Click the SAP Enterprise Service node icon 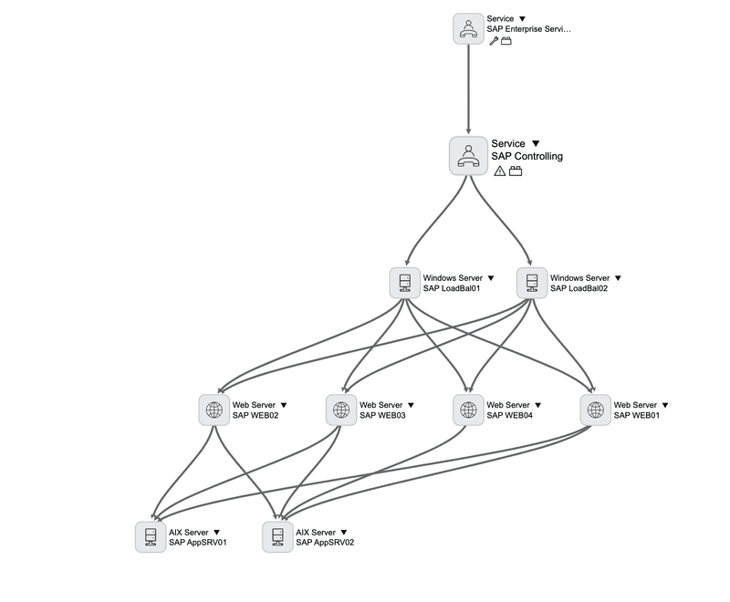[x=468, y=29]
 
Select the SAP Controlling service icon [x=468, y=156]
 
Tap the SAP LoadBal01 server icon [x=405, y=283]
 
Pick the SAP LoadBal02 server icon [x=532, y=283]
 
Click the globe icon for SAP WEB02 [x=214, y=410]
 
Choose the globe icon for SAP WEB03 [x=341, y=410]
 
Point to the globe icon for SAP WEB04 [x=468, y=410]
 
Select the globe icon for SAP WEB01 [x=596, y=410]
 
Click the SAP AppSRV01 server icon [x=151, y=537]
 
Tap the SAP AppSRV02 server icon [x=277, y=537]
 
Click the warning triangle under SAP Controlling [x=499, y=171]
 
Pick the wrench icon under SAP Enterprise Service [x=494, y=41]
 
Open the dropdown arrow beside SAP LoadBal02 [x=619, y=278]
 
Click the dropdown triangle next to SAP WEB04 [x=538, y=405]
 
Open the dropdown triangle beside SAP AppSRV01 [x=216, y=532]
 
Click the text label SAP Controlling [x=527, y=156]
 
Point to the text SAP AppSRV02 [x=325, y=543]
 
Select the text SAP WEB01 [x=636, y=415]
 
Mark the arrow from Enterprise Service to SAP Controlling [x=468, y=89]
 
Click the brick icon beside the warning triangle [x=516, y=171]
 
